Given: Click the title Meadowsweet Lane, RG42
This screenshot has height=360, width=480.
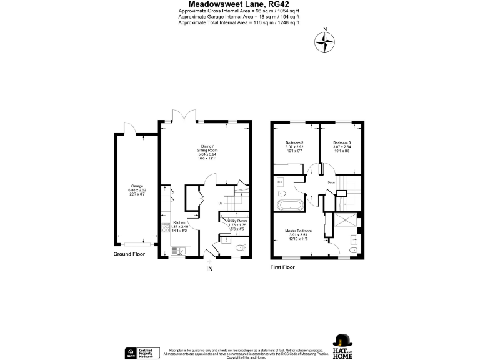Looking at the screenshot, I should tap(239, 4).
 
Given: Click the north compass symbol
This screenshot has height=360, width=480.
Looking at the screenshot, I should tap(324, 41).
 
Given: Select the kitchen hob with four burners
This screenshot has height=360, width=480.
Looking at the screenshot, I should tap(175, 233).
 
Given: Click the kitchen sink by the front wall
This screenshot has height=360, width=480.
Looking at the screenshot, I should tap(176, 252).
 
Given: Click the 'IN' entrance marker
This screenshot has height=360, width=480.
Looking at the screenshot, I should tap(211, 269).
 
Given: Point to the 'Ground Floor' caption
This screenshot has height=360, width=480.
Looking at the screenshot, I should tap(130, 254).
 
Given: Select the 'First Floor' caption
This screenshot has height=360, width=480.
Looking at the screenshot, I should tap(282, 267).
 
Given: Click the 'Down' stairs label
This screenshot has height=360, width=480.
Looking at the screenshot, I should tap(332, 182).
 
